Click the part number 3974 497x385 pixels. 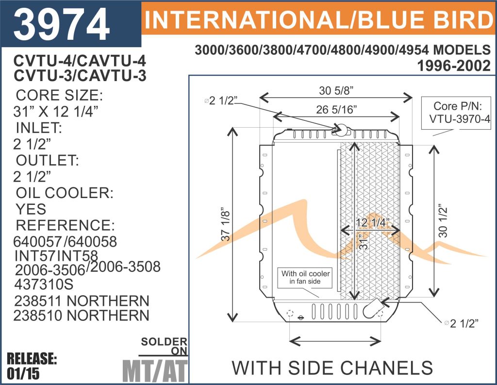62,24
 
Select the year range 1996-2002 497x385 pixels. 454,66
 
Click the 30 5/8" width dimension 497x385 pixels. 336,91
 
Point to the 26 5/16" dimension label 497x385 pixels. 336,109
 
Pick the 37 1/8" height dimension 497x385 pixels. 225,224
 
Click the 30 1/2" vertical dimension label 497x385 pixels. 443,221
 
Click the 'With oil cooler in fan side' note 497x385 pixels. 305,278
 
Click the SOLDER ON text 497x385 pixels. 164,346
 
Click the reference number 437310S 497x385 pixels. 44,284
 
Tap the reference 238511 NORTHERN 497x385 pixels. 82,301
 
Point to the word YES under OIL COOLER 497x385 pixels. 31,209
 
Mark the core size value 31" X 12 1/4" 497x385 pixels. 56,111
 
